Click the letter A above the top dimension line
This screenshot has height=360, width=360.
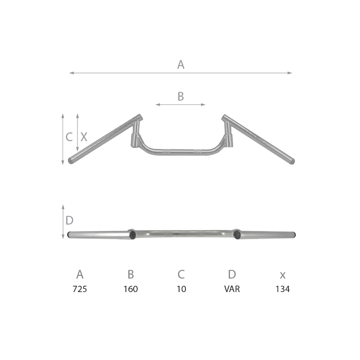point(180,65)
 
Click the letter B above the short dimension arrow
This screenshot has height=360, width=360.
point(180,96)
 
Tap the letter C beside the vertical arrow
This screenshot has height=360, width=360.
point(69,137)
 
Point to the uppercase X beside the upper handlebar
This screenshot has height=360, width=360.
point(84,137)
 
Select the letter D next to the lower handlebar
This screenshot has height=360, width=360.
point(69,220)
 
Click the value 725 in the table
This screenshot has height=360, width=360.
point(80,289)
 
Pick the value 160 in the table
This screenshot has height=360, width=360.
point(130,289)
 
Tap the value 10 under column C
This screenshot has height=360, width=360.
point(181,289)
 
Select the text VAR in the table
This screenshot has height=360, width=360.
point(232,289)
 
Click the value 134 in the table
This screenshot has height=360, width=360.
point(283,289)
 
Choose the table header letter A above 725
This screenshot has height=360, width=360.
point(80,274)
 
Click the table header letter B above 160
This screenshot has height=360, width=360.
point(130,274)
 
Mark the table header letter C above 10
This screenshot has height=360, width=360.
point(181,274)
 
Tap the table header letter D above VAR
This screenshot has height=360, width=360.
point(232,274)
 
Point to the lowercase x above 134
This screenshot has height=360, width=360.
point(283,275)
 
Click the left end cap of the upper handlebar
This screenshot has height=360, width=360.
point(71,160)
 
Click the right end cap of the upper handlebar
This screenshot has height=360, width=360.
point(292,161)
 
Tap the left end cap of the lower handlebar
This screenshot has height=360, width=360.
point(70,235)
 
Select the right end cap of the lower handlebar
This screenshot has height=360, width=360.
point(293,235)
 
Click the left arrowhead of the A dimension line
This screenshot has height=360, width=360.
point(71,73)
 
